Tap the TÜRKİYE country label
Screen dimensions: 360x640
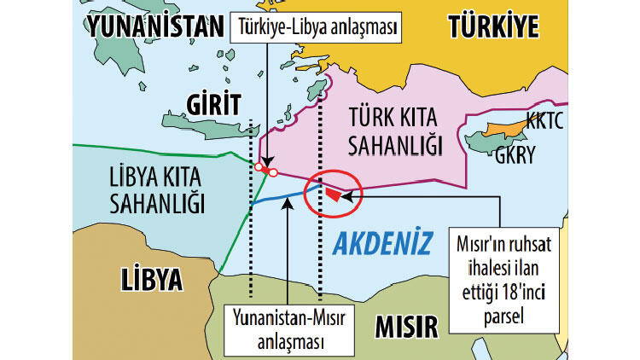pos(492,26)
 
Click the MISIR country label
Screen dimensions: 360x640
pos(405,325)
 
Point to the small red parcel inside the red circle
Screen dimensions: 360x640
pos(332,195)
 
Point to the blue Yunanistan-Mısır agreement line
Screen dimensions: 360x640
pos(282,198)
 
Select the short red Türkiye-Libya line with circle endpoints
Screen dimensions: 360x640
pos(265,169)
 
